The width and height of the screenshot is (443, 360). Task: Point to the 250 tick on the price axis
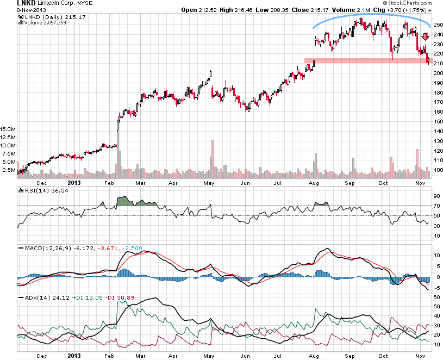pos(438,25)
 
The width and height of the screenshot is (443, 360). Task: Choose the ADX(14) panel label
pos(35,298)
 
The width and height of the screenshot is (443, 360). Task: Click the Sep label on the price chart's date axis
pos(351,183)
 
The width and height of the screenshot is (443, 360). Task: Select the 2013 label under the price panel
pos(74,183)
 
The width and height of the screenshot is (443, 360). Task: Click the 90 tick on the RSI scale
pos(436,196)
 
